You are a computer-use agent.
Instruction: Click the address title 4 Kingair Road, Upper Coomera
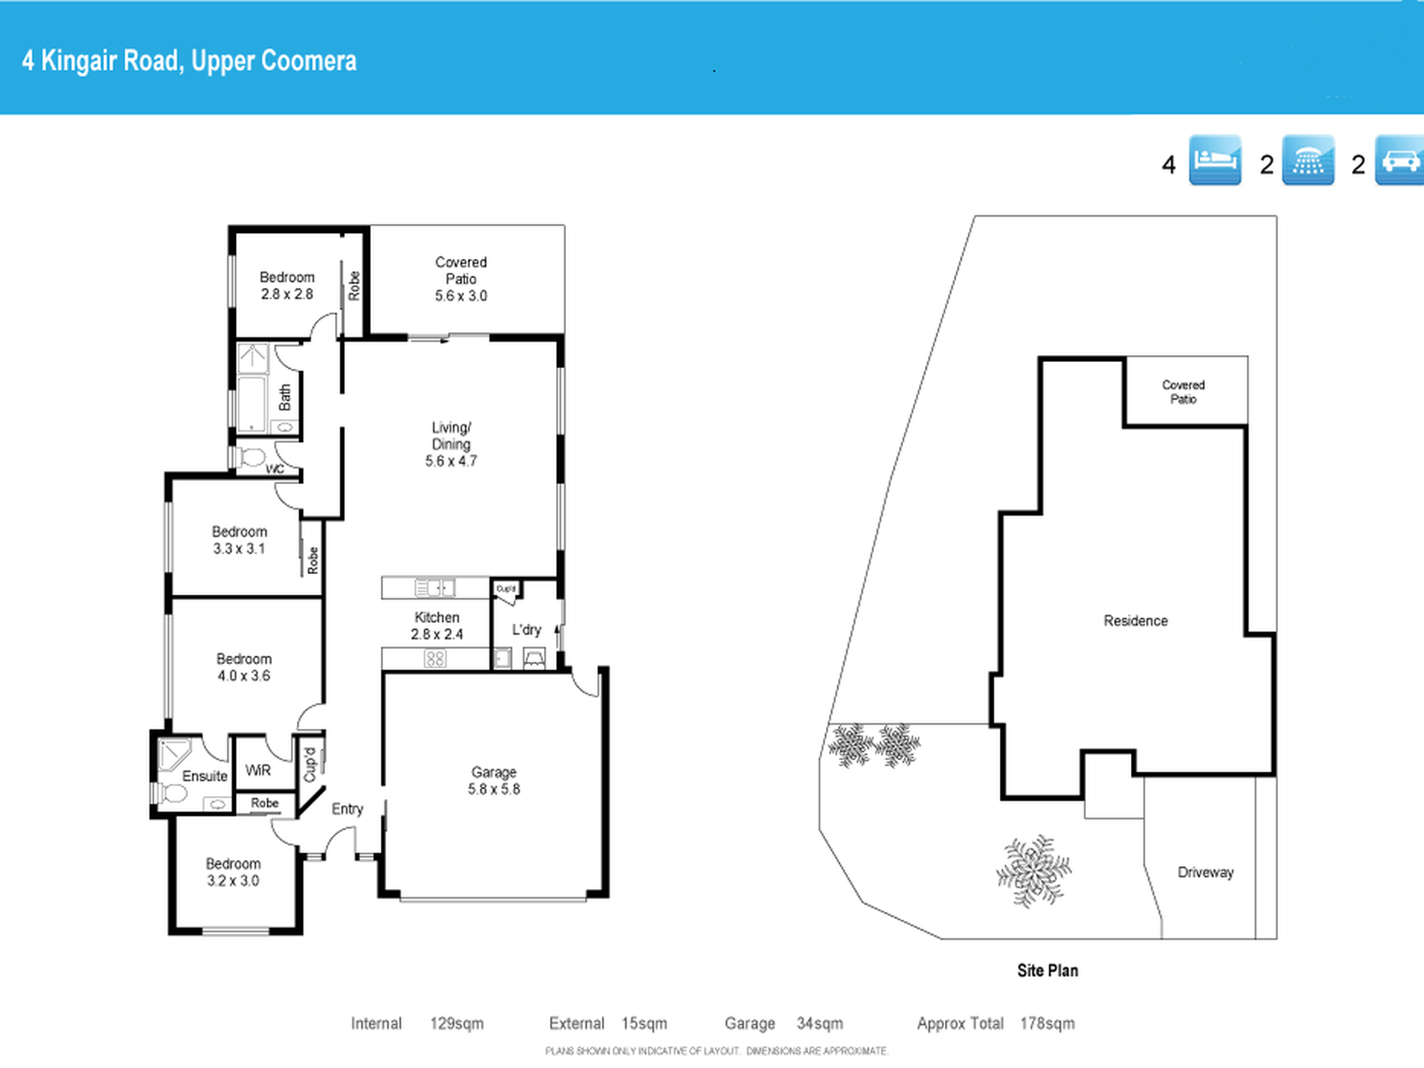[x=190, y=61]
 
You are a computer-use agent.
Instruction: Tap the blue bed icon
[x=1215, y=160]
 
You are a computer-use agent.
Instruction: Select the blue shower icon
[x=1308, y=160]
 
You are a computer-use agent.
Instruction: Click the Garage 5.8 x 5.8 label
[x=494, y=780]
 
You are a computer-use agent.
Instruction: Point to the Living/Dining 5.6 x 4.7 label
[x=451, y=444]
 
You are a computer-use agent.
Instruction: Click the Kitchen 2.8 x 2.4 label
[x=437, y=626]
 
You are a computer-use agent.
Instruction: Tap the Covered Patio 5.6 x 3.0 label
[x=461, y=279]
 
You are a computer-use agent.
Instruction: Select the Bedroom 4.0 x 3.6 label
[x=244, y=667]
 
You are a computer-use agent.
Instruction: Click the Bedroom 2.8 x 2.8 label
[x=287, y=286]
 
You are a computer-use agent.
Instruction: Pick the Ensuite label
[x=205, y=776]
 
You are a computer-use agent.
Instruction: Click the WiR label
[x=258, y=770]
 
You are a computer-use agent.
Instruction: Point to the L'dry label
[x=526, y=630]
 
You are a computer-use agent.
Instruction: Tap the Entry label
[x=347, y=809]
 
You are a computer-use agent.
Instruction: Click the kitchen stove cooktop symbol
[x=435, y=659]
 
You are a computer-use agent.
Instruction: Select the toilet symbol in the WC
[x=252, y=456]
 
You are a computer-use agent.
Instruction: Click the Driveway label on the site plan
[x=1205, y=872]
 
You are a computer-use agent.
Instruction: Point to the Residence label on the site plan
[x=1135, y=621]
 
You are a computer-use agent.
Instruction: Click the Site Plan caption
[x=1047, y=971]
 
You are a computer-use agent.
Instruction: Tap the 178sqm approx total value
[x=1047, y=1024]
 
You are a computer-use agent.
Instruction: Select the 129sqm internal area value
[x=456, y=1024]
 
